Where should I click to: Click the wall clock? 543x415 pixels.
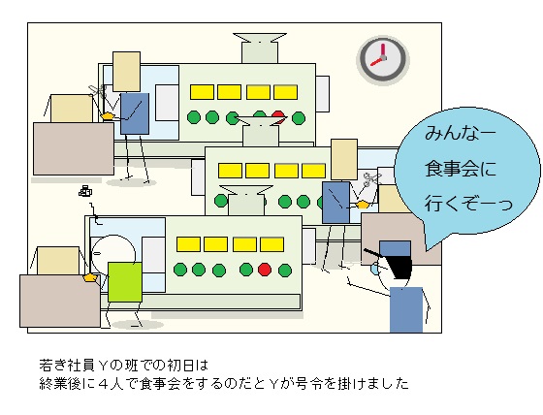click(x=383, y=59)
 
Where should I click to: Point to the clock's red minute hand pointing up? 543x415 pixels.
click(x=383, y=50)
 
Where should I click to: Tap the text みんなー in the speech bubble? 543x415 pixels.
click(x=456, y=133)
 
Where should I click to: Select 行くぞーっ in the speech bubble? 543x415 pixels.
click(x=467, y=204)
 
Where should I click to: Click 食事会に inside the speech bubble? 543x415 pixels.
click(x=461, y=169)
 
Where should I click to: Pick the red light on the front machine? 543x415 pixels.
click(x=265, y=270)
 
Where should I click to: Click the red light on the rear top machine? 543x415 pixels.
click(x=278, y=115)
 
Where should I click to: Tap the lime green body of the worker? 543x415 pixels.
click(x=125, y=282)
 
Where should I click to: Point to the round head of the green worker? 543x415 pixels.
click(x=112, y=251)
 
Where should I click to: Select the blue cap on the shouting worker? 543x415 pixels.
click(x=395, y=248)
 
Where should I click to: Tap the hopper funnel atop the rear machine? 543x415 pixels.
click(x=260, y=48)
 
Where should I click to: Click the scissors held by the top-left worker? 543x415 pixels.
click(x=98, y=91)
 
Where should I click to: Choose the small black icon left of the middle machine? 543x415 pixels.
click(x=85, y=191)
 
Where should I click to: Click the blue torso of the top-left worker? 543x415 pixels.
click(x=135, y=113)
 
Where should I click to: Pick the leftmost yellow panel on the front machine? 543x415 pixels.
click(x=188, y=244)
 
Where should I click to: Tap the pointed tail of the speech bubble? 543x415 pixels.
click(x=427, y=249)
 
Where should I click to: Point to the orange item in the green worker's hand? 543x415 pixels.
click(x=89, y=277)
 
